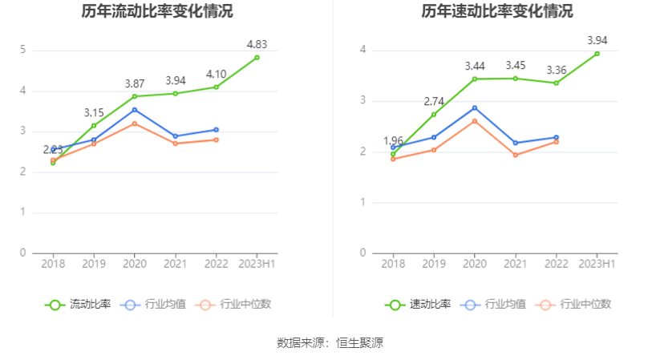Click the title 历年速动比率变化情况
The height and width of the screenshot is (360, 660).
pos(497,11)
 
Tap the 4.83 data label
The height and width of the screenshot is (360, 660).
pos(257,44)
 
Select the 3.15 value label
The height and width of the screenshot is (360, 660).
pos(94,112)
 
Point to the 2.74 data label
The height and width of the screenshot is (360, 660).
pos(434,101)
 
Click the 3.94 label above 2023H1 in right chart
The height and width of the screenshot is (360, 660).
pos(597,40)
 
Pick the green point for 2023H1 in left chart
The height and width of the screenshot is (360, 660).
pos(257,58)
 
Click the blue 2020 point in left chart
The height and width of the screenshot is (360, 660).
pos(135,109)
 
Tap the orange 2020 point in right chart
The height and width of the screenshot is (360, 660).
pos(475,121)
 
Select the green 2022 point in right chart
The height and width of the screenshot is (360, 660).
pos(556,83)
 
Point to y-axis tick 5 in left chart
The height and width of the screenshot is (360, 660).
pos(23,51)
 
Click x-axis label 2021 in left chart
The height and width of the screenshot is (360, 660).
pos(176,264)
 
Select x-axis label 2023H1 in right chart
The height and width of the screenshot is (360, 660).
pos(597,264)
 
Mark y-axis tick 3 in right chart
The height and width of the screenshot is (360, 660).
pos(363,101)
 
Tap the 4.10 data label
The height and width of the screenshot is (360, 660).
pos(216,74)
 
